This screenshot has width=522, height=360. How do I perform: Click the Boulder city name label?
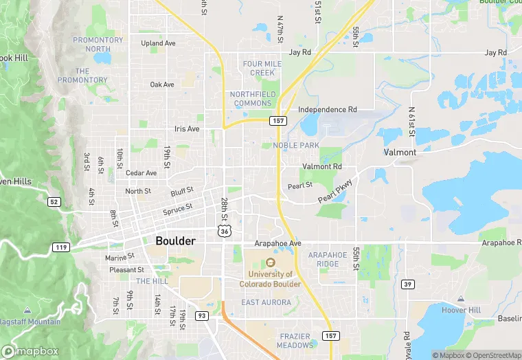(x=175, y=241)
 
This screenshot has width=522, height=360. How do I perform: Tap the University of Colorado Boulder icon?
(x=270, y=262)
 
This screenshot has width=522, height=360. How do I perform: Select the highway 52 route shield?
(x=53, y=201)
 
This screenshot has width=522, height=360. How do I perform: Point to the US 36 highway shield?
(x=225, y=232)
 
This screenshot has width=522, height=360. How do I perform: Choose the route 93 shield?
(x=202, y=315)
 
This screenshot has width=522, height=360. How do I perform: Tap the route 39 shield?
(x=407, y=284)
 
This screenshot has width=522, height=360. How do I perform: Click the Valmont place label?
(x=400, y=152)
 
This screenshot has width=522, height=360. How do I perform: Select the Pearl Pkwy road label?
(x=335, y=192)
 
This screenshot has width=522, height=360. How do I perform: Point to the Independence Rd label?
(x=328, y=109)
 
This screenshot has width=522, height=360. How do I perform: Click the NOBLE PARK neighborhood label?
(x=296, y=146)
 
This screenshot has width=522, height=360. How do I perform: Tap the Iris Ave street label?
(x=187, y=128)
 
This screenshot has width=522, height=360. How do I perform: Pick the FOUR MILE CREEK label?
(x=262, y=68)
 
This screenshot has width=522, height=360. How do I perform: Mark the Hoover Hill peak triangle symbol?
(x=460, y=299)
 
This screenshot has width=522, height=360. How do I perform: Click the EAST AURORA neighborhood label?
(x=266, y=302)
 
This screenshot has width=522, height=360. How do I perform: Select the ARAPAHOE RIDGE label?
(x=324, y=260)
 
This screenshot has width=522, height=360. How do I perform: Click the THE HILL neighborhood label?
(x=152, y=282)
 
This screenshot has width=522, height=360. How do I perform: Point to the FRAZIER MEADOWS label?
(x=297, y=341)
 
